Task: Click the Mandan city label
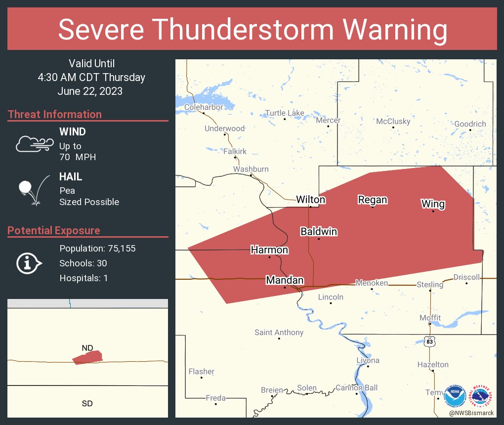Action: pyautogui.click(x=285, y=280)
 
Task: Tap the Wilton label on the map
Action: pyautogui.click(x=310, y=200)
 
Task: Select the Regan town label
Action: pyautogui.click(x=373, y=200)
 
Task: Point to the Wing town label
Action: pyautogui.click(x=433, y=204)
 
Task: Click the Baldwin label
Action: pyautogui.click(x=319, y=231)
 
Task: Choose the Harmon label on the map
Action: pyautogui.click(x=269, y=250)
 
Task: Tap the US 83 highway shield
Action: pyautogui.click(x=430, y=341)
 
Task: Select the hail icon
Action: pyautogui.click(x=33, y=189)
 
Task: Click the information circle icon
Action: pyautogui.click(x=28, y=263)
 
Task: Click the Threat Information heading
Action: pyautogui.click(x=55, y=115)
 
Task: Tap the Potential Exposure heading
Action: pyautogui.click(x=54, y=231)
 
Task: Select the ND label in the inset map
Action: pyautogui.click(x=87, y=348)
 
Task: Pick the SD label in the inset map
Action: pyautogui.click(x=87, y=404)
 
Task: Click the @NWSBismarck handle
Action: pyautogui.click(x=471, y=413)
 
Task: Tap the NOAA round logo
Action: pyautogui.click(x=455, y=396)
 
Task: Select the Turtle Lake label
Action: pyautogui.click(x=285, y=113)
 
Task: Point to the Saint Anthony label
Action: pyautogui.click(x=279, y=333)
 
